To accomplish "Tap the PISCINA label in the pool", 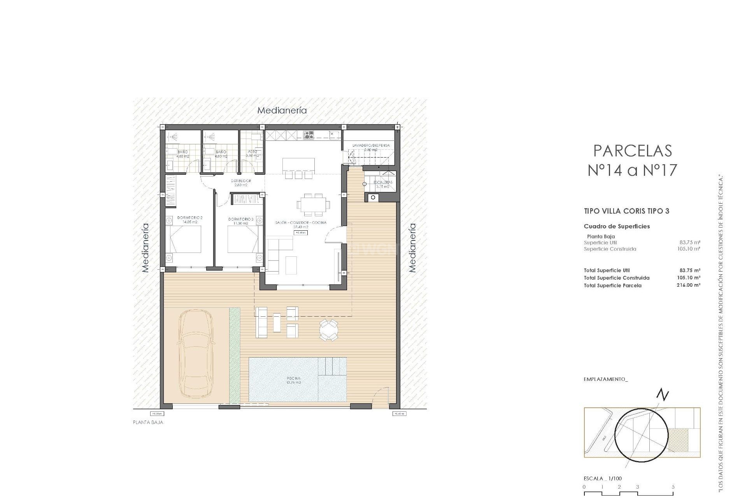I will point(294,378).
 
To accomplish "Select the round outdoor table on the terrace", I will point(329,330).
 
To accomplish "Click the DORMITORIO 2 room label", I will point(190,218).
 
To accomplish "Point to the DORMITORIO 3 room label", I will point(241,219).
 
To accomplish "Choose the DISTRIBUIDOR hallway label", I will point(241,181).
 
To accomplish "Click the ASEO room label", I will point(252,152).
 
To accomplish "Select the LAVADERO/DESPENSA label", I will point(370,146).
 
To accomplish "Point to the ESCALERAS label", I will point(383,182).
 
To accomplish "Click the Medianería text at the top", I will point(282,110).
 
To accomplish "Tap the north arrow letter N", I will point(663,395).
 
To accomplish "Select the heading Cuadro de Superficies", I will point(617,226).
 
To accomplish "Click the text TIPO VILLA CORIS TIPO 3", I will point(626,211).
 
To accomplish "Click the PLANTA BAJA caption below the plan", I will point(148,423).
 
